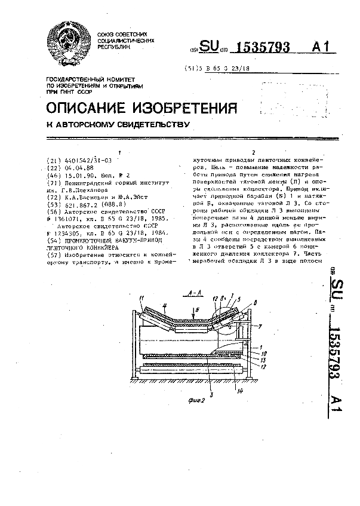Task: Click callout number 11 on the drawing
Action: coord(141,298)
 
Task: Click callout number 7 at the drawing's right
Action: coord(260,326)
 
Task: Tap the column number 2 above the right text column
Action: coord(255,152)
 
